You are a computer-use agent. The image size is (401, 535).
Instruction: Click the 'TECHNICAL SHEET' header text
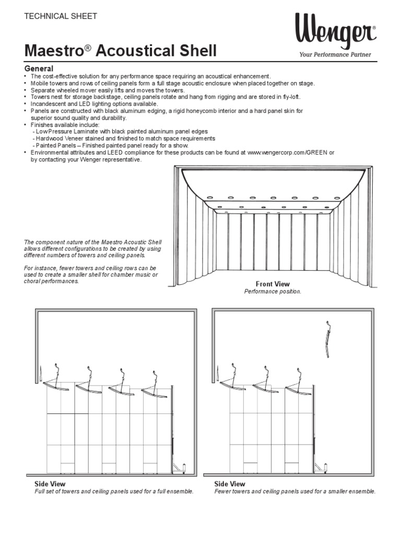click(61, 16)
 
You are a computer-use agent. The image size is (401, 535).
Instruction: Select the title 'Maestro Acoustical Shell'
click(120, 51)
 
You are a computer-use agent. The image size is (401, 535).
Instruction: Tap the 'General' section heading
click(39, 69)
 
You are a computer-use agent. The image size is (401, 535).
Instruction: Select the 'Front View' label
click(273, 284)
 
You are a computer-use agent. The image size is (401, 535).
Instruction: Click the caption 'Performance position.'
click(273, 292)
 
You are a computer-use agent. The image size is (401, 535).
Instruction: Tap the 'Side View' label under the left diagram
click(50, 484)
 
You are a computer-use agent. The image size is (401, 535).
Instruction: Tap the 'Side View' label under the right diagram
click(230, 484)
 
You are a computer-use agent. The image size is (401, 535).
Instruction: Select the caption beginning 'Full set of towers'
click(114, 492)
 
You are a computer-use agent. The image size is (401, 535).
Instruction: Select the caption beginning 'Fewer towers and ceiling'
click(294, 492)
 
